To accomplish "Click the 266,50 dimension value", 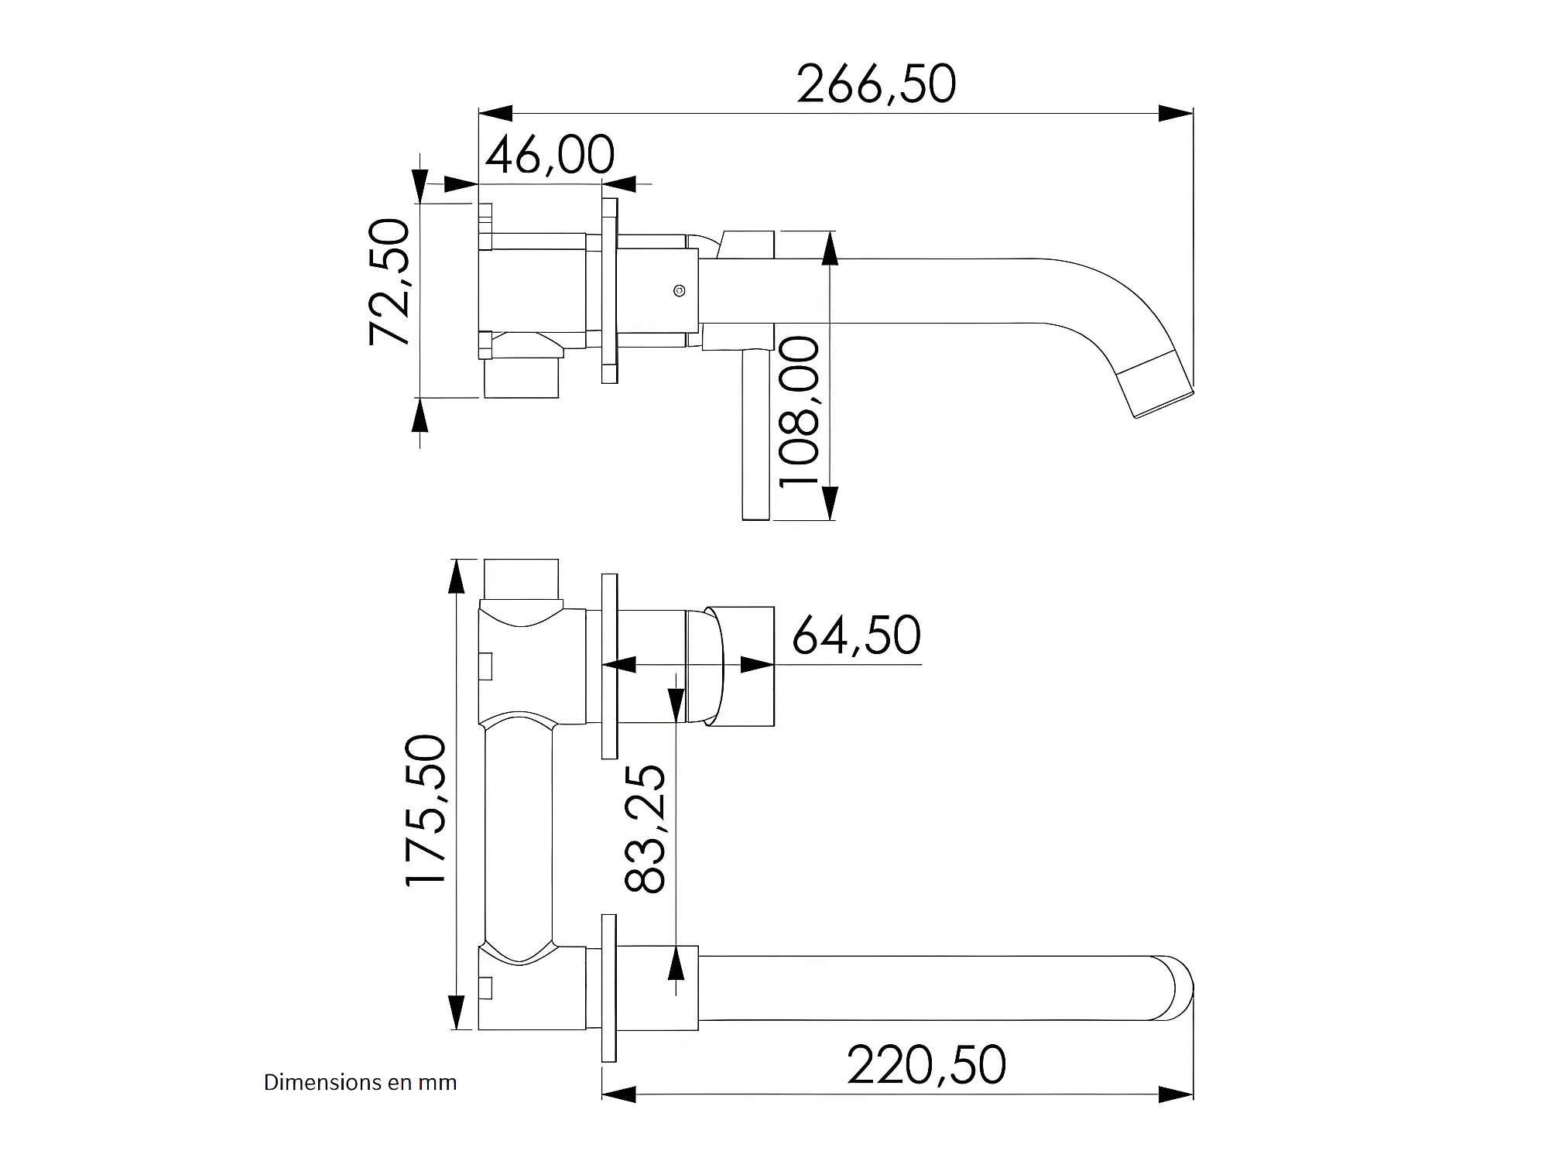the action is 876,84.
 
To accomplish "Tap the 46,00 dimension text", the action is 550,155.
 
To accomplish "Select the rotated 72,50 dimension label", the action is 389,282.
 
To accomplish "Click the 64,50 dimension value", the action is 856,635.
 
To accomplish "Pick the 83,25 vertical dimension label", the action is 644,829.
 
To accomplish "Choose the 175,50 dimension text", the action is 426,810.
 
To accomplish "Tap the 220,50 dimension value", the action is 926,1065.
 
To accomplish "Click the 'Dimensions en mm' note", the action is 360,1082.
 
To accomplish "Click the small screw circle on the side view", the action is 679,291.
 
